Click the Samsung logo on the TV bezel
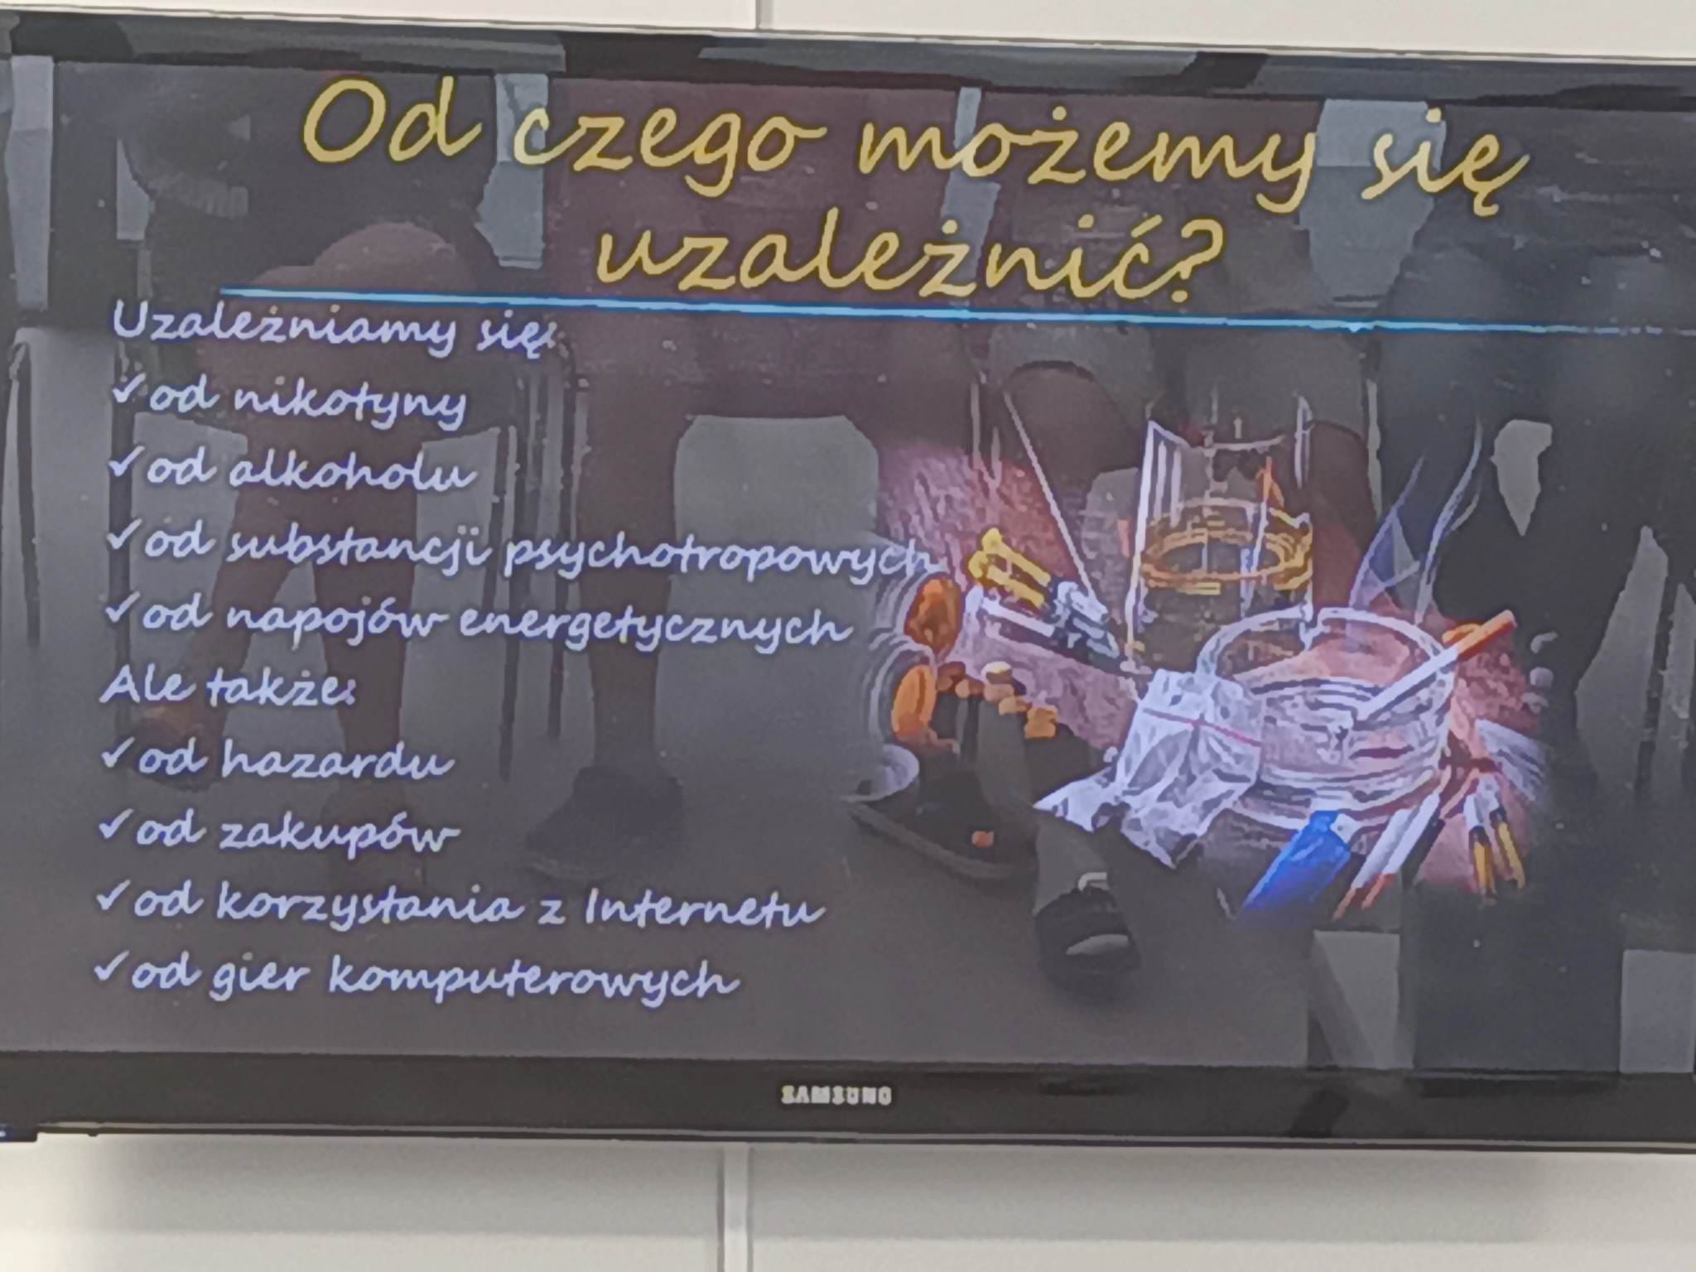pyautogui.click(x=836, y=1096)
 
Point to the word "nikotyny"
pyautogui.click(x=349, y=403)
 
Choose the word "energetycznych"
pyautogui.click(x=653, y=628)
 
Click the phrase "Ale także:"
pyautogui.click(x=229, y=687)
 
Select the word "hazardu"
pyautogui.click(x=337, y=760)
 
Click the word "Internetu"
pyautogui.click(x=704, y=907)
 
